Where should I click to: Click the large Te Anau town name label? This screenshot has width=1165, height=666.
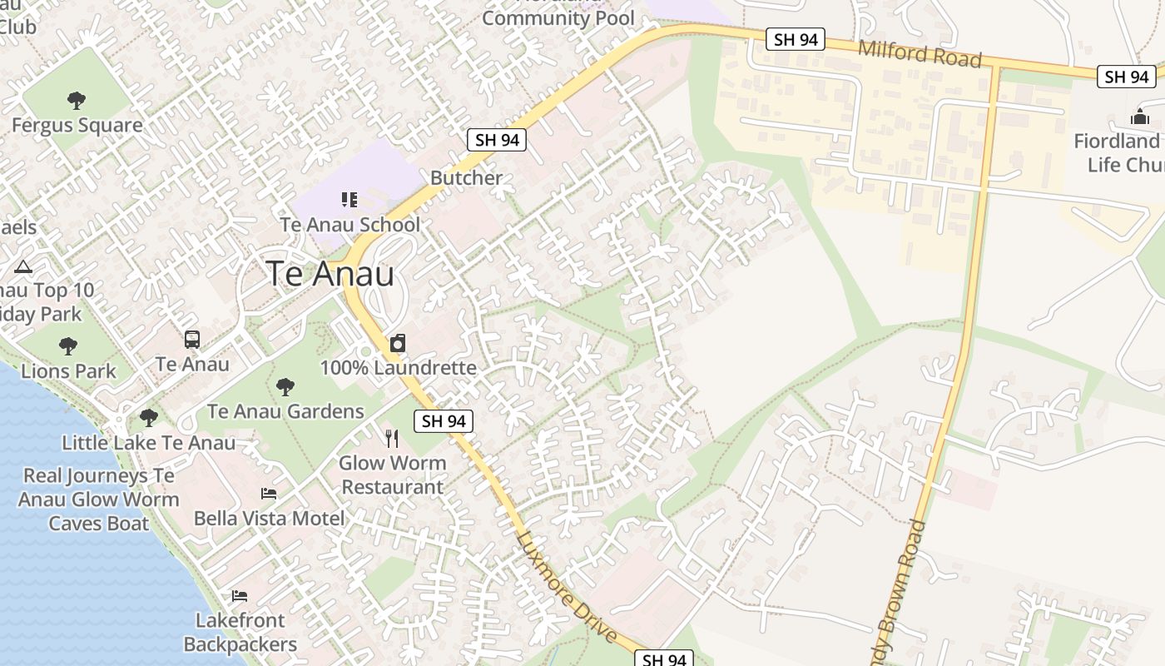330,274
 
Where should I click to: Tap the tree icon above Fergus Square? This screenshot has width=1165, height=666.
77,101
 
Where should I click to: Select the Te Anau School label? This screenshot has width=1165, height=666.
349,224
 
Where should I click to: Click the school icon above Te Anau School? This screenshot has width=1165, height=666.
349,199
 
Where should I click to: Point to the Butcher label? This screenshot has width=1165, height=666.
466,178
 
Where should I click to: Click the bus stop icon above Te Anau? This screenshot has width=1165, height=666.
192,340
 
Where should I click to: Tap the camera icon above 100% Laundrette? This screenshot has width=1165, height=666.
398,343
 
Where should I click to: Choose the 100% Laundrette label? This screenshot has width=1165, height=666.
398,367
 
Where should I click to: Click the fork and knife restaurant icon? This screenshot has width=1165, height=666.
392,438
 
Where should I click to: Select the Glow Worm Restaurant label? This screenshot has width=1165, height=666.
392,475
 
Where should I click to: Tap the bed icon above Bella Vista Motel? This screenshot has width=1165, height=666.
269,494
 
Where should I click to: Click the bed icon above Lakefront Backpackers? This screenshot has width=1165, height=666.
240,596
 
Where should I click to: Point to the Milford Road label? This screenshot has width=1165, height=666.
920,54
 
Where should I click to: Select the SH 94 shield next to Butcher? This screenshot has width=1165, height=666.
498,140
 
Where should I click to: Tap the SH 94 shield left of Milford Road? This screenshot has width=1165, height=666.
795,39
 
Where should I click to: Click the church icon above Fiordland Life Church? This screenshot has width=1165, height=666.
1140,117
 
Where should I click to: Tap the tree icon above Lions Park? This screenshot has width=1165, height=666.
68,345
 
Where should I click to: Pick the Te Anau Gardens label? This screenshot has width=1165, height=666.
285,411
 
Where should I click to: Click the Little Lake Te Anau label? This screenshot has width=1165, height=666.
148,443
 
